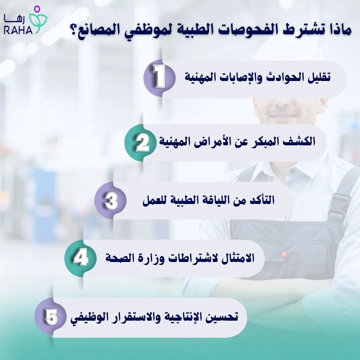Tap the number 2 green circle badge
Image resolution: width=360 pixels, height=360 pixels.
pyautogui.click(x=140, y=143)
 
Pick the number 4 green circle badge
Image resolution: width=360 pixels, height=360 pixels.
pyautogui.click(x=80, y=258)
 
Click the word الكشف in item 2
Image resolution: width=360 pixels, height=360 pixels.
pyautogui.click(x=302, y=142)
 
